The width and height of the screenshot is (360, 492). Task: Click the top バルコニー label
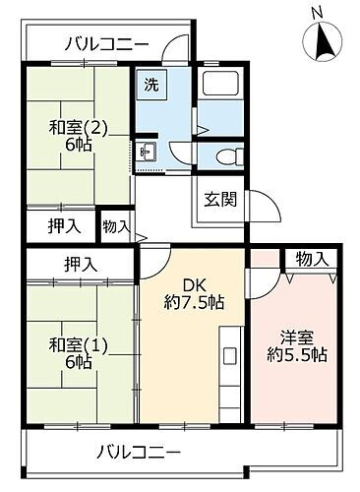(x=107, y=43)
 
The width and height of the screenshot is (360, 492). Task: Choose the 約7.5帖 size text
(x=193, y=302)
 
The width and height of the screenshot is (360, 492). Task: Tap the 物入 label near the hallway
(x=116, y=226)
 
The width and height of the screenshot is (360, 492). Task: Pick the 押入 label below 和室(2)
(x=64, y=226)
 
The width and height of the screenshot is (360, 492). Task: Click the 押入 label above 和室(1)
(x=83, y=264)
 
